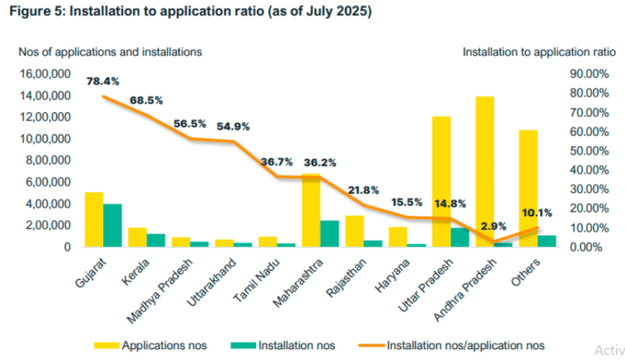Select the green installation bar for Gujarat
112,224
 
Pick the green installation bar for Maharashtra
330,233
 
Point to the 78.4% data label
102,81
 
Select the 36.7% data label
277,162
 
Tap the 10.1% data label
539,213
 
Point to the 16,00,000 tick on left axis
47,75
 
